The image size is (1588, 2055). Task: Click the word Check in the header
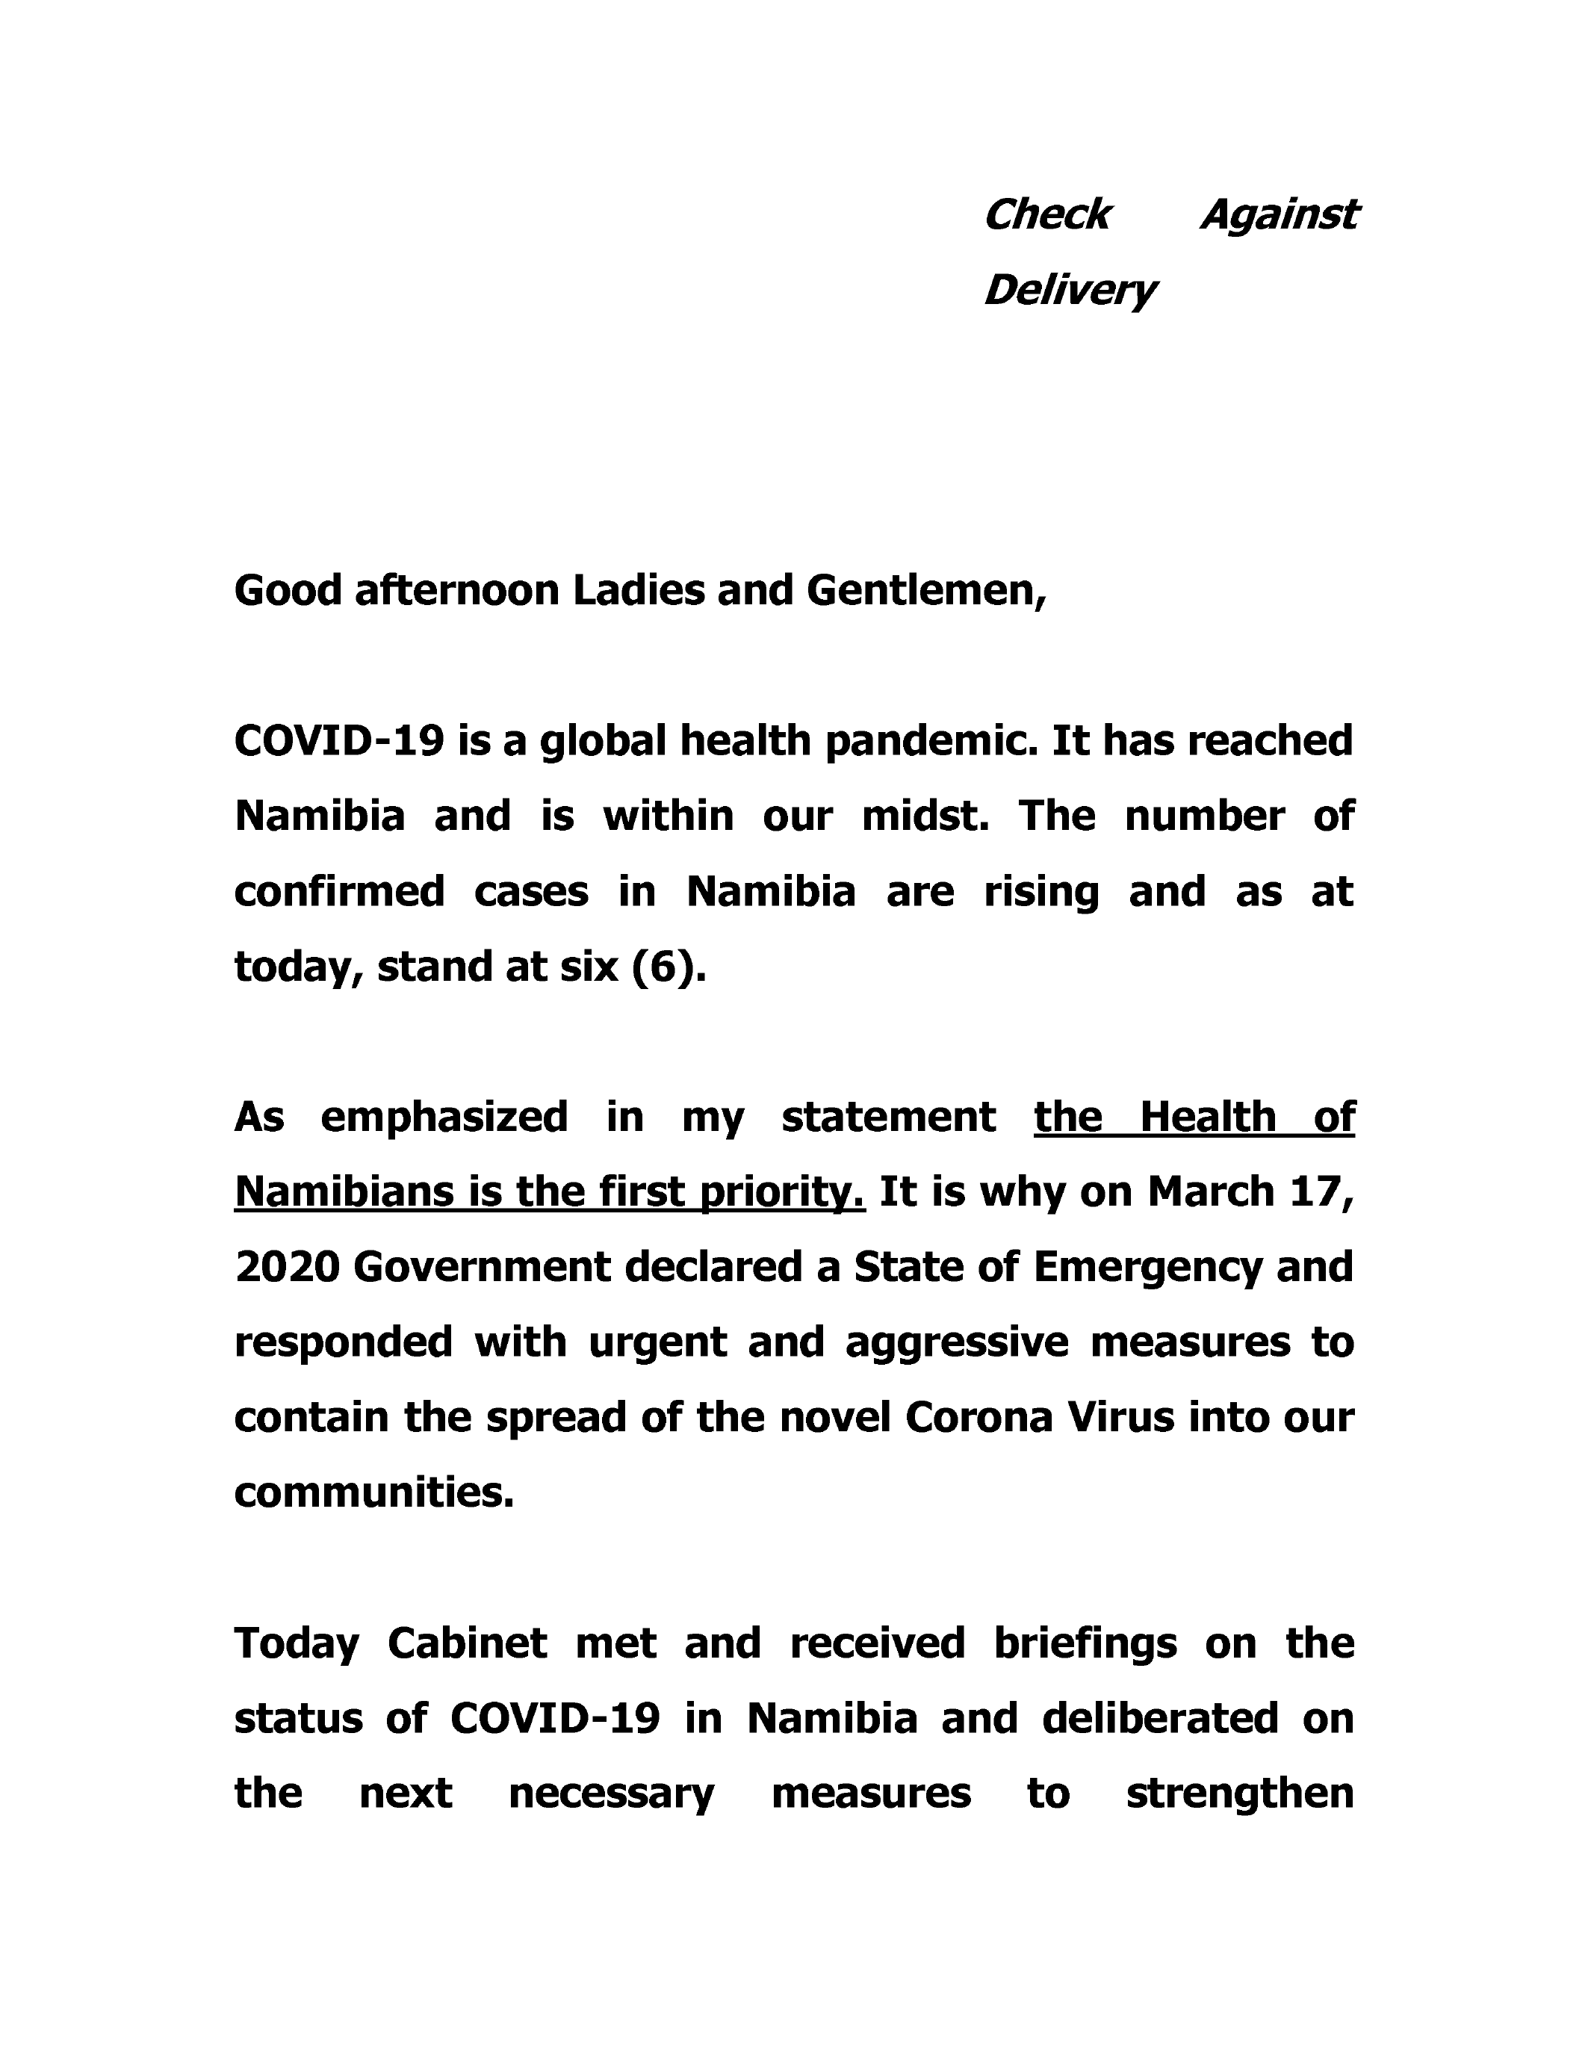click(1046, 214)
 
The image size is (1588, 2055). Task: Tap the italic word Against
click(1280, 214)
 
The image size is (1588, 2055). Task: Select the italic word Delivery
click(1069, 290)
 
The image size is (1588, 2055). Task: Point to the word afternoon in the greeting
click(456, 591)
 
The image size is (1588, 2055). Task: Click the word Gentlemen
click(924, 591)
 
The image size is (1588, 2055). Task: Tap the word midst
click(925, 816)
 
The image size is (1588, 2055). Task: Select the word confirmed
click(338, 891)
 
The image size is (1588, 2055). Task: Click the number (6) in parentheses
click(667, 967)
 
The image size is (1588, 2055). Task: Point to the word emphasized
click(444, 1117)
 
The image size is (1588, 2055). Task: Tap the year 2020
click(287, 1268)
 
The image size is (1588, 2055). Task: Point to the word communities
click(373, 1493)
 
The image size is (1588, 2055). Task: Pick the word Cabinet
click(467, 1644)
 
